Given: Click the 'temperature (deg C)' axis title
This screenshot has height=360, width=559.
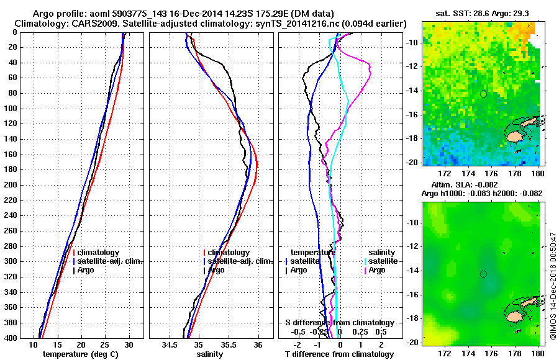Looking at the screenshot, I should [x=80, y=354].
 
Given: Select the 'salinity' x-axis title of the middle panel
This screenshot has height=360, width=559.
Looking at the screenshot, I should [x=210, y=354].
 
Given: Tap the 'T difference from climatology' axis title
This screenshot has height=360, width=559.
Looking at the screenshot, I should [x=339, y=354].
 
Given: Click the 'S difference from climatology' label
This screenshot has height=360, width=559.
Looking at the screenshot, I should [x=339, y=323].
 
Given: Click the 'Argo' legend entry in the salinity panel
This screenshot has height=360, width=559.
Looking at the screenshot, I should [x=216, y=270].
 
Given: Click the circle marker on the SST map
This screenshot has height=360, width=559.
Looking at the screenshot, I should [x=483, y=94].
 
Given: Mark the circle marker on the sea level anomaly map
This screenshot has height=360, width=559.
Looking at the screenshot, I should [x=483, y=274].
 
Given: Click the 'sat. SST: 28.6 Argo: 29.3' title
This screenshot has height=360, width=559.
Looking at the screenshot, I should [x=481, y=13].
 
